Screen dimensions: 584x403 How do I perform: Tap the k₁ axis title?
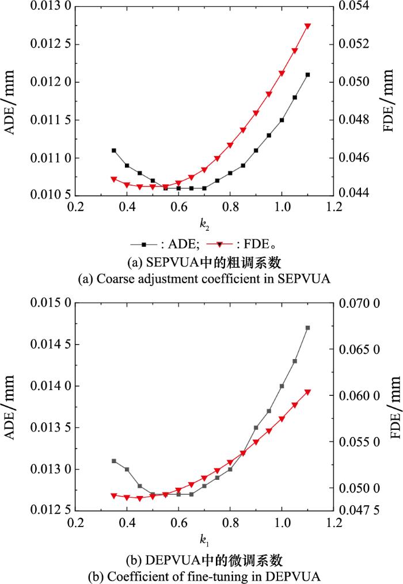(x=203, y=539)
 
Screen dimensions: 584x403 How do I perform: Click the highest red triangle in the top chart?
(x=307, y=26)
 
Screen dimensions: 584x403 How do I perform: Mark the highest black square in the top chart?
(x=307, y=75)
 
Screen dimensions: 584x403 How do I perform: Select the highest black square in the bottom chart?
(x=307, y=328)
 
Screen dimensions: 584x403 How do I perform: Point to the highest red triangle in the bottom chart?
(x=307, y=392)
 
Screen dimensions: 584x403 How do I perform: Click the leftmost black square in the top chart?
(x=114, y=150)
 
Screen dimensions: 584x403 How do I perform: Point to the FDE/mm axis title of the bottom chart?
(x=395, y=407)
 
